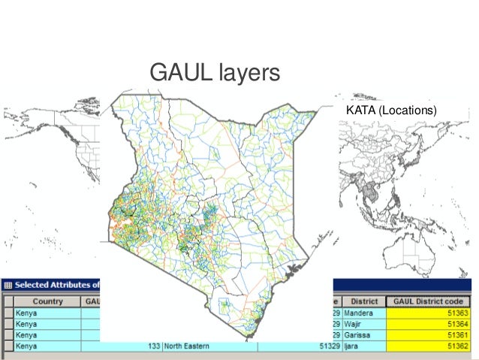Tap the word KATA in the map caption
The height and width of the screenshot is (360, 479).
[360, 111]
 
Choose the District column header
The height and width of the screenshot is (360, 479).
[364, 301]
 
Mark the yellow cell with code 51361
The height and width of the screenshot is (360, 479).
[431, 335]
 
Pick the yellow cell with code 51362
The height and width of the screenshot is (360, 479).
[431, 346]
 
